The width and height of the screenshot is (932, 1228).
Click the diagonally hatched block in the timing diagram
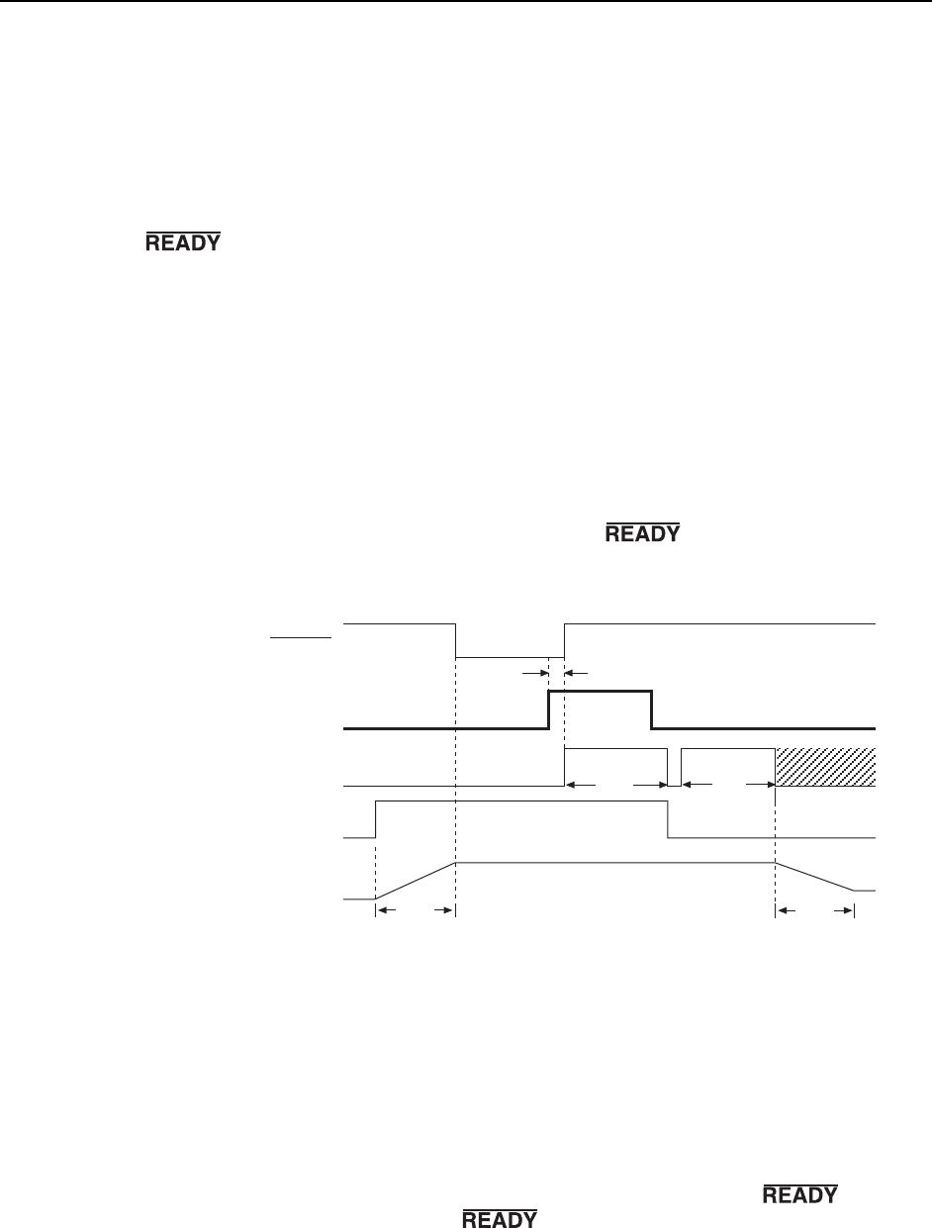click(x=825, y=767)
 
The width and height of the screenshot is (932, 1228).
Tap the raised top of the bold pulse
click(x=600, y=692)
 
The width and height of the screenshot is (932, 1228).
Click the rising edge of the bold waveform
click(x=549, y=709)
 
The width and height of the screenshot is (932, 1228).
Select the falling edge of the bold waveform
click(x=651, y=709)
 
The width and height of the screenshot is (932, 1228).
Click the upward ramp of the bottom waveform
click(x=416, y=881)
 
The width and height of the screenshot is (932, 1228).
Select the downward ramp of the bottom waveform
click(x=814, y=877)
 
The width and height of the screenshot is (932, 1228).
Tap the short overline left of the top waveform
click(x=301, y=638)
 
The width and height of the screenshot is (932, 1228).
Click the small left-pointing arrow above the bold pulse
click(x=574, y=671)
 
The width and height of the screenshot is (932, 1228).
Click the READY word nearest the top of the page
click(x=183, y=241)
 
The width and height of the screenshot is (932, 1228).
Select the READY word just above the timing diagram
click(x=642, y=534)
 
